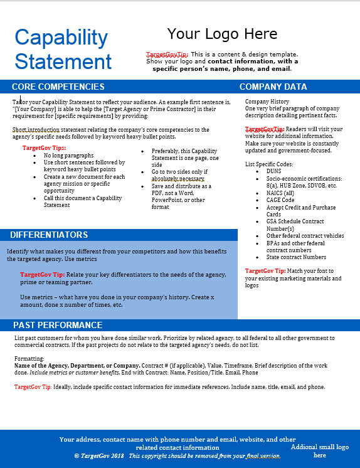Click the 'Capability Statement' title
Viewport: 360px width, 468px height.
tap(63, 49)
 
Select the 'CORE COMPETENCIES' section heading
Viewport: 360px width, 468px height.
tap(58, 87)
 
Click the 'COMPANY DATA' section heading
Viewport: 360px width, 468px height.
tap(273, 87)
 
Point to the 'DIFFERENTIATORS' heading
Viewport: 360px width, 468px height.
tap(49, 235)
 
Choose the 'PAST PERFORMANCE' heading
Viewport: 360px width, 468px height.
tap(58, 325)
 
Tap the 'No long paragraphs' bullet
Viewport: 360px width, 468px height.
tap(68, 155)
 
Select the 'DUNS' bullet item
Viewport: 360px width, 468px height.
tap(273, 171)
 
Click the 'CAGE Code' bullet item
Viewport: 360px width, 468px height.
tap(280, 200)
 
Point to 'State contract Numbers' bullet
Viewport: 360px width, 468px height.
tap(296, 257)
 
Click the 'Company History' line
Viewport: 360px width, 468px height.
tap(267, 102)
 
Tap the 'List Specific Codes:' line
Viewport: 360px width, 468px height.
tap(268, 164)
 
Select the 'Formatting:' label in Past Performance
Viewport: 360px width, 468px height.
tap(29, 358)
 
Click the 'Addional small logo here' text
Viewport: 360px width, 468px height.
tap(320, 451)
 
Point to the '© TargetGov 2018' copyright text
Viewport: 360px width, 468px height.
tap(99, 456)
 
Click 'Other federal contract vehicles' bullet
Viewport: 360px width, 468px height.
tap(305, 236)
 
